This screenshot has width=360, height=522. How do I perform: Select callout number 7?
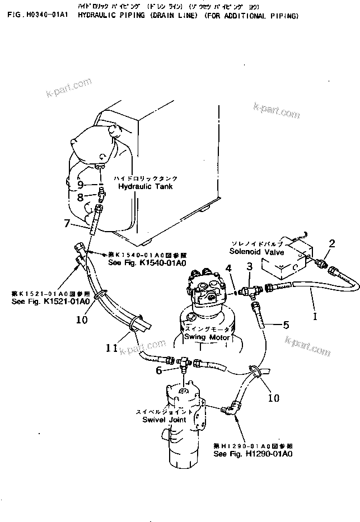[x=67, y=224]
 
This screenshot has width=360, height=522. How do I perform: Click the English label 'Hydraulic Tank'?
[x=145, y=186]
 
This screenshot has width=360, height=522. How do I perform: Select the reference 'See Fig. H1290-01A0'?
[x=253, y=454]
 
